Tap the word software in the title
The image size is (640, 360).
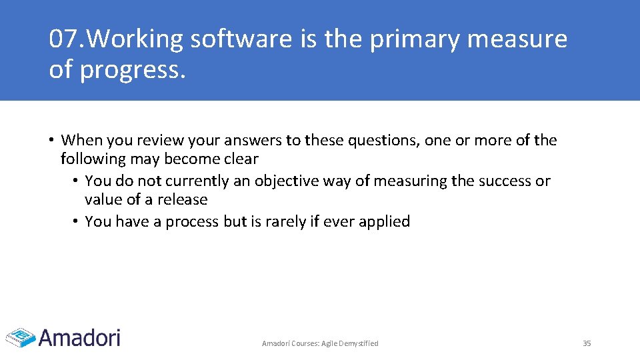coord(241,40)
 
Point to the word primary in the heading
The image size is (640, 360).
coord(414,40)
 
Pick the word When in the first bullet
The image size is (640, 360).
coord(81,140)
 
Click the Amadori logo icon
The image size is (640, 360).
coord(20,337)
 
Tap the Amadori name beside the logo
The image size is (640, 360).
coord(79,337)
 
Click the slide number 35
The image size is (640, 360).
coord(587,343)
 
